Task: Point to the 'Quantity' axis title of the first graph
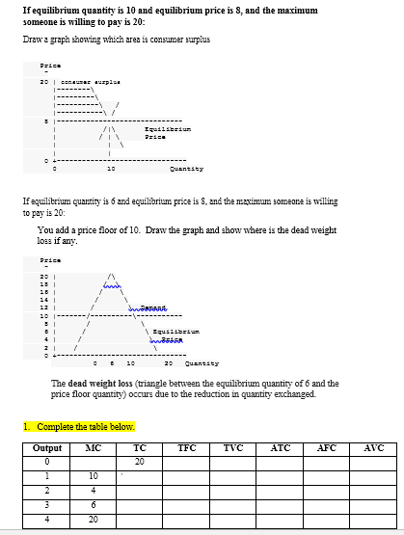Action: point(181,168)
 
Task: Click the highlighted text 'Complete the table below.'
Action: point(84,427)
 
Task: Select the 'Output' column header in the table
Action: point(47,448)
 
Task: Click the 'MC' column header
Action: point(94,448)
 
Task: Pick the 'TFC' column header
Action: point(187,448)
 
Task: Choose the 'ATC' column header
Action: point(281,448)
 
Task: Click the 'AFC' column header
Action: point(327,448)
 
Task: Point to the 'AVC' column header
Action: point(373,448)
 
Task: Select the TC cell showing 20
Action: point(140,462)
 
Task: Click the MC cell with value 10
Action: point(94,476)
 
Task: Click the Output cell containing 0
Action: point(47,462)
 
